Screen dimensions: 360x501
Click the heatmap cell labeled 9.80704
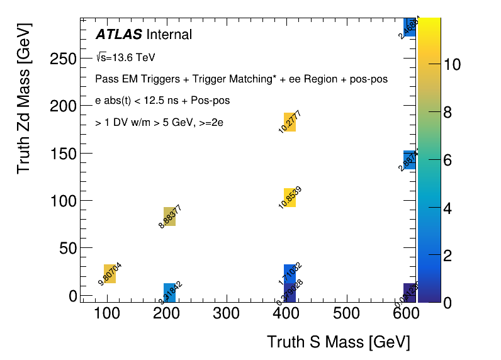tap(110, 274)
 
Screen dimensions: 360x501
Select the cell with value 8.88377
tap(169, 216)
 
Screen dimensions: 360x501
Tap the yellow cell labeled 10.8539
tap(290, 198)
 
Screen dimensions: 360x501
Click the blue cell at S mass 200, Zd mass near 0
tap(169, 293)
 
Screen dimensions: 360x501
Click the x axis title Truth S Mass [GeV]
tap(338, 342)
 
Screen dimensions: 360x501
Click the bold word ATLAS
tap(118, 35)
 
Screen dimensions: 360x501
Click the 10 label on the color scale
tap(452, 65)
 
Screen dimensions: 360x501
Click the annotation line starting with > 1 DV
tap(159, 123)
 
